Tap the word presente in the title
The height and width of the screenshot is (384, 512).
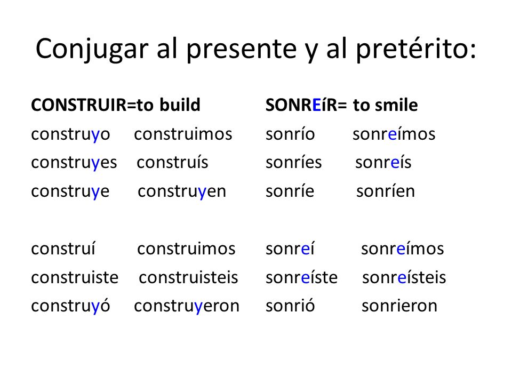242,50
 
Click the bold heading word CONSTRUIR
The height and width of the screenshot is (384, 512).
79,105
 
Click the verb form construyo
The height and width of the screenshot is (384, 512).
70,134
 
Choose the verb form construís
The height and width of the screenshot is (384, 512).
172,162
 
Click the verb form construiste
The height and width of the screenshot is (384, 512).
75,277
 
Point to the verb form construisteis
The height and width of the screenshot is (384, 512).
188,277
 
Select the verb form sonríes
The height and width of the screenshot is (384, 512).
293,162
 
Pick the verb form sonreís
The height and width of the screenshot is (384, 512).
383,162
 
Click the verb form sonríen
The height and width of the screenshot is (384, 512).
386,191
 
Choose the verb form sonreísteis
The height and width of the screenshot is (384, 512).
404,277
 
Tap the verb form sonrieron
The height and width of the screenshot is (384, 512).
399,306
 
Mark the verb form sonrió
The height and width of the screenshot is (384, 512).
290,306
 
